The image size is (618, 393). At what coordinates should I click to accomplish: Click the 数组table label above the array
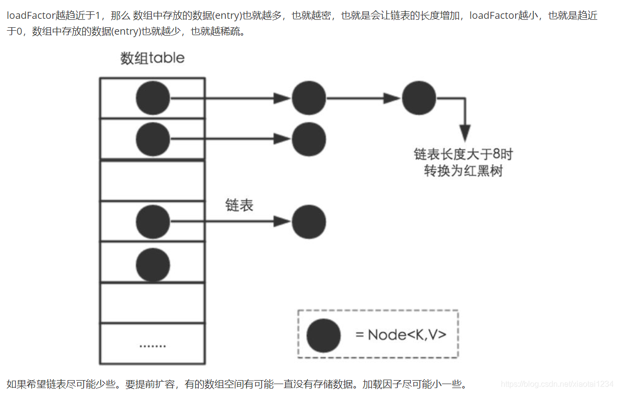tap(152, 58)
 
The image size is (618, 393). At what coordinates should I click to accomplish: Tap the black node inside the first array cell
tap(153, 98)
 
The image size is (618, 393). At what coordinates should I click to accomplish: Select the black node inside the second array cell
tap(153, 140)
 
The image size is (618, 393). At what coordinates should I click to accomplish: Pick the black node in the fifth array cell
tap(153, 263)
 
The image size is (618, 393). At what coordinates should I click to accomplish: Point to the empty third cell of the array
tap(152, 180)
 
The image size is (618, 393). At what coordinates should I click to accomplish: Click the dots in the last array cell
tap(152, 345)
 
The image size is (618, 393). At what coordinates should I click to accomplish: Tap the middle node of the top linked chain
tap(309, 98)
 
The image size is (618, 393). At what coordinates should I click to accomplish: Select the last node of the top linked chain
tap(419, 98)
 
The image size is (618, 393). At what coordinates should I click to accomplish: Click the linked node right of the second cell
tap(309, 140)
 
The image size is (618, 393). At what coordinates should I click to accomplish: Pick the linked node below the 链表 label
tap(309, 222)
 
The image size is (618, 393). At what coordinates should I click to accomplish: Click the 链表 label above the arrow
tap(239, 205)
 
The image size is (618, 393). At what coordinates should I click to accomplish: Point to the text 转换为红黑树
tap(463, 171)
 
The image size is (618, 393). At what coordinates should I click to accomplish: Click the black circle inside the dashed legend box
tap(324, 335)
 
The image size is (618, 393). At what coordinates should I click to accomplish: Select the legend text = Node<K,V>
tap(401, 335)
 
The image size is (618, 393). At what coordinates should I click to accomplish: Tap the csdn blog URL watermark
tap(557, 384)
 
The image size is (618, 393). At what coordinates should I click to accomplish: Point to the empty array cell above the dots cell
tap(152, 303)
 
